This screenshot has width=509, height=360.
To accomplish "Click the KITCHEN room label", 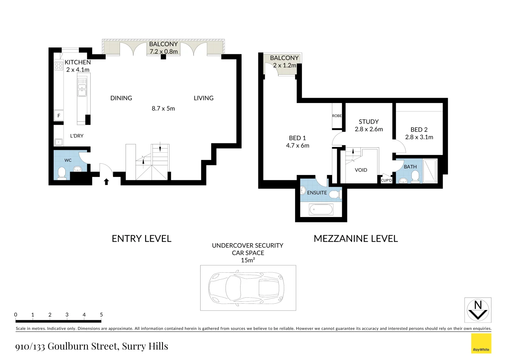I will (x=78, y=62).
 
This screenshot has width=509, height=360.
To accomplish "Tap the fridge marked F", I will (x=59, y=116).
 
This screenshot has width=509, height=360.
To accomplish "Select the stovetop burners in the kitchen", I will (x=59, y=66).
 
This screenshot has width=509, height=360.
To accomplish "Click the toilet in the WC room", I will (x=62, y=173).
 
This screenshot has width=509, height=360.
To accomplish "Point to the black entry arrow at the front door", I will (x=106, y=182).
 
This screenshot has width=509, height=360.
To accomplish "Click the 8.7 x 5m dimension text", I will (x=163, y=108).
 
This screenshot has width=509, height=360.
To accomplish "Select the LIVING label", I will (x=204, y=98).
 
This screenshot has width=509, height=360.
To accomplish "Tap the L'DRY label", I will (x=77, y=136).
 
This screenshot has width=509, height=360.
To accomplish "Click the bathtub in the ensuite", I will (x=321, y=210).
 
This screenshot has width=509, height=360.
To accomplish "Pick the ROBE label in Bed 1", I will (x=337, y=116).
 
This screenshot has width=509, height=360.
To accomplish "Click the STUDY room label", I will (x=368, y=122).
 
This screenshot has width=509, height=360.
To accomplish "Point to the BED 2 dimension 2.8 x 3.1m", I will (x=419, y=137).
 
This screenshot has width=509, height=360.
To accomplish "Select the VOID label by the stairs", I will (x=361, y=170).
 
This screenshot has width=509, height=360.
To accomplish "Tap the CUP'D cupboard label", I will (x=386, y=180).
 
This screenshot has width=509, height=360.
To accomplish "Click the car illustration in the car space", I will (x=246, y=288).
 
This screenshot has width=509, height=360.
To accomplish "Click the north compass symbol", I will (x=478, y=310).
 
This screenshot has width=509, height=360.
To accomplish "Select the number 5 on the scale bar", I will (x=101, y=315).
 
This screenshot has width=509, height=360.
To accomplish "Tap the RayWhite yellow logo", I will (x=481, y=343).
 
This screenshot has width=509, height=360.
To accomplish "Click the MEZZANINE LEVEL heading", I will (x=356, y=239).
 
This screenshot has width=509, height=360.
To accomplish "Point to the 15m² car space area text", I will (x=248, y=260).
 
